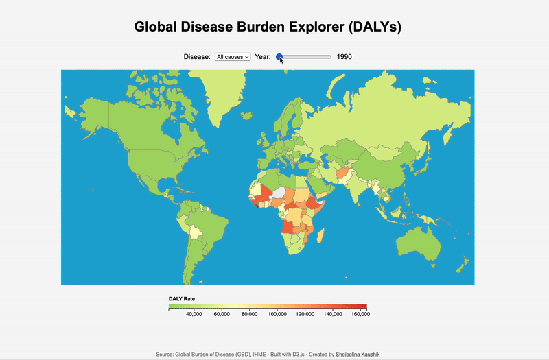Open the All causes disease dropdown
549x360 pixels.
pyautogui.click(x=233, y=57)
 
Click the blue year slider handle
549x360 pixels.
pyautogui.click(x=279, y=57)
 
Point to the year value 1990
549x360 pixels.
pyautogui.click(x=344, y=57)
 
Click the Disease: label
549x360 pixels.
pyautogui.click(x=197, y=57)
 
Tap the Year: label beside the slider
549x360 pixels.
pyautogui.click(x=263, y=57)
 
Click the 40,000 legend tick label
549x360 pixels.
pyautogui.click(x=194, y=314)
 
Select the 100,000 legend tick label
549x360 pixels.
pyautogui.click(x=277, y=314)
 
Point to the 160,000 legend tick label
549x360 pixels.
pyautogui.click(x=360, y=314)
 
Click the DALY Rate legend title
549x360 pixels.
pyautogui.click(x=182, y=299)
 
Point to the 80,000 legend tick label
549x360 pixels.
pyautogui.click(x=250, y=314)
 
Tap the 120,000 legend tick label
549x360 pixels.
pyautogui.click(x=305, y=314)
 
